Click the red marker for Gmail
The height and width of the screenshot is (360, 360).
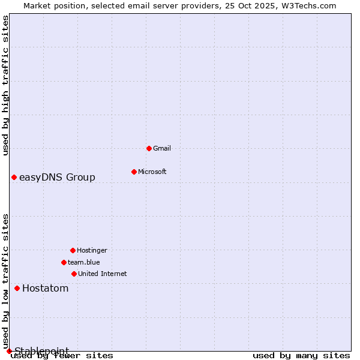click(149, 148)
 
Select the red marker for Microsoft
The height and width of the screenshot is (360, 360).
click(134, 172)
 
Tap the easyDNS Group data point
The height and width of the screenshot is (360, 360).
click(14, 177)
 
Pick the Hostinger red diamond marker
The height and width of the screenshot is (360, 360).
click(73, 250)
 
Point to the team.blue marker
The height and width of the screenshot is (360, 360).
click(64, 262)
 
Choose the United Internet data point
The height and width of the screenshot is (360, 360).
click(74, 274)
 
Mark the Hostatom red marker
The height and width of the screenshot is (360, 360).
click(17, 288)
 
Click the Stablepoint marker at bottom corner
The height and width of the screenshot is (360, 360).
click(9, 351)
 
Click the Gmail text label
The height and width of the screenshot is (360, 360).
click(162, 148)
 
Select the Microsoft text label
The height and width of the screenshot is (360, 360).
click(152, 172)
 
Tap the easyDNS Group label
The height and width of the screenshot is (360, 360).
click(57, 177)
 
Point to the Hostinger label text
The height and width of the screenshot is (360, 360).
click(92, 250)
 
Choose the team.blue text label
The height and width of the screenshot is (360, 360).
click(84, 262)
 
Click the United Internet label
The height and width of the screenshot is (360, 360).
click(103, 274)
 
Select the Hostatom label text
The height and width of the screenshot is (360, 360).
click(46, 288)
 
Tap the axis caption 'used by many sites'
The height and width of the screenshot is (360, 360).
click(301, 355)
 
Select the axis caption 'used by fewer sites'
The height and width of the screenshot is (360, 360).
click(62, 355)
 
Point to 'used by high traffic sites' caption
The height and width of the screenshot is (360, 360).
click(5, 85)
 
